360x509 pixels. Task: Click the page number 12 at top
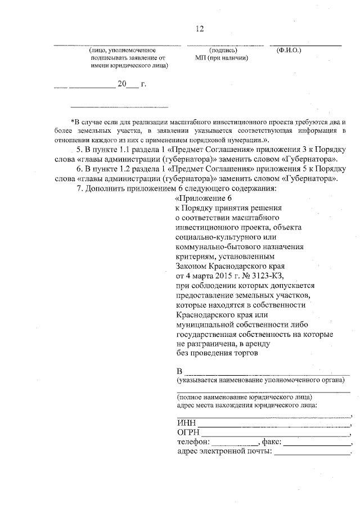[x=199, y=29]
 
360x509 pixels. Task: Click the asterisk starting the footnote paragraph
[x=73, y=121]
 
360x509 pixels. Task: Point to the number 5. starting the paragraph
[x=79, y=151]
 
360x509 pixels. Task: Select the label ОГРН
[x=188, y=433]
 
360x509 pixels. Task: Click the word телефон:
[x=194, y=443]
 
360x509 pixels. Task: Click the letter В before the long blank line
[x=179, y=372]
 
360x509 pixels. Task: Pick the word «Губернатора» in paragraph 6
[x=312, y=179]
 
